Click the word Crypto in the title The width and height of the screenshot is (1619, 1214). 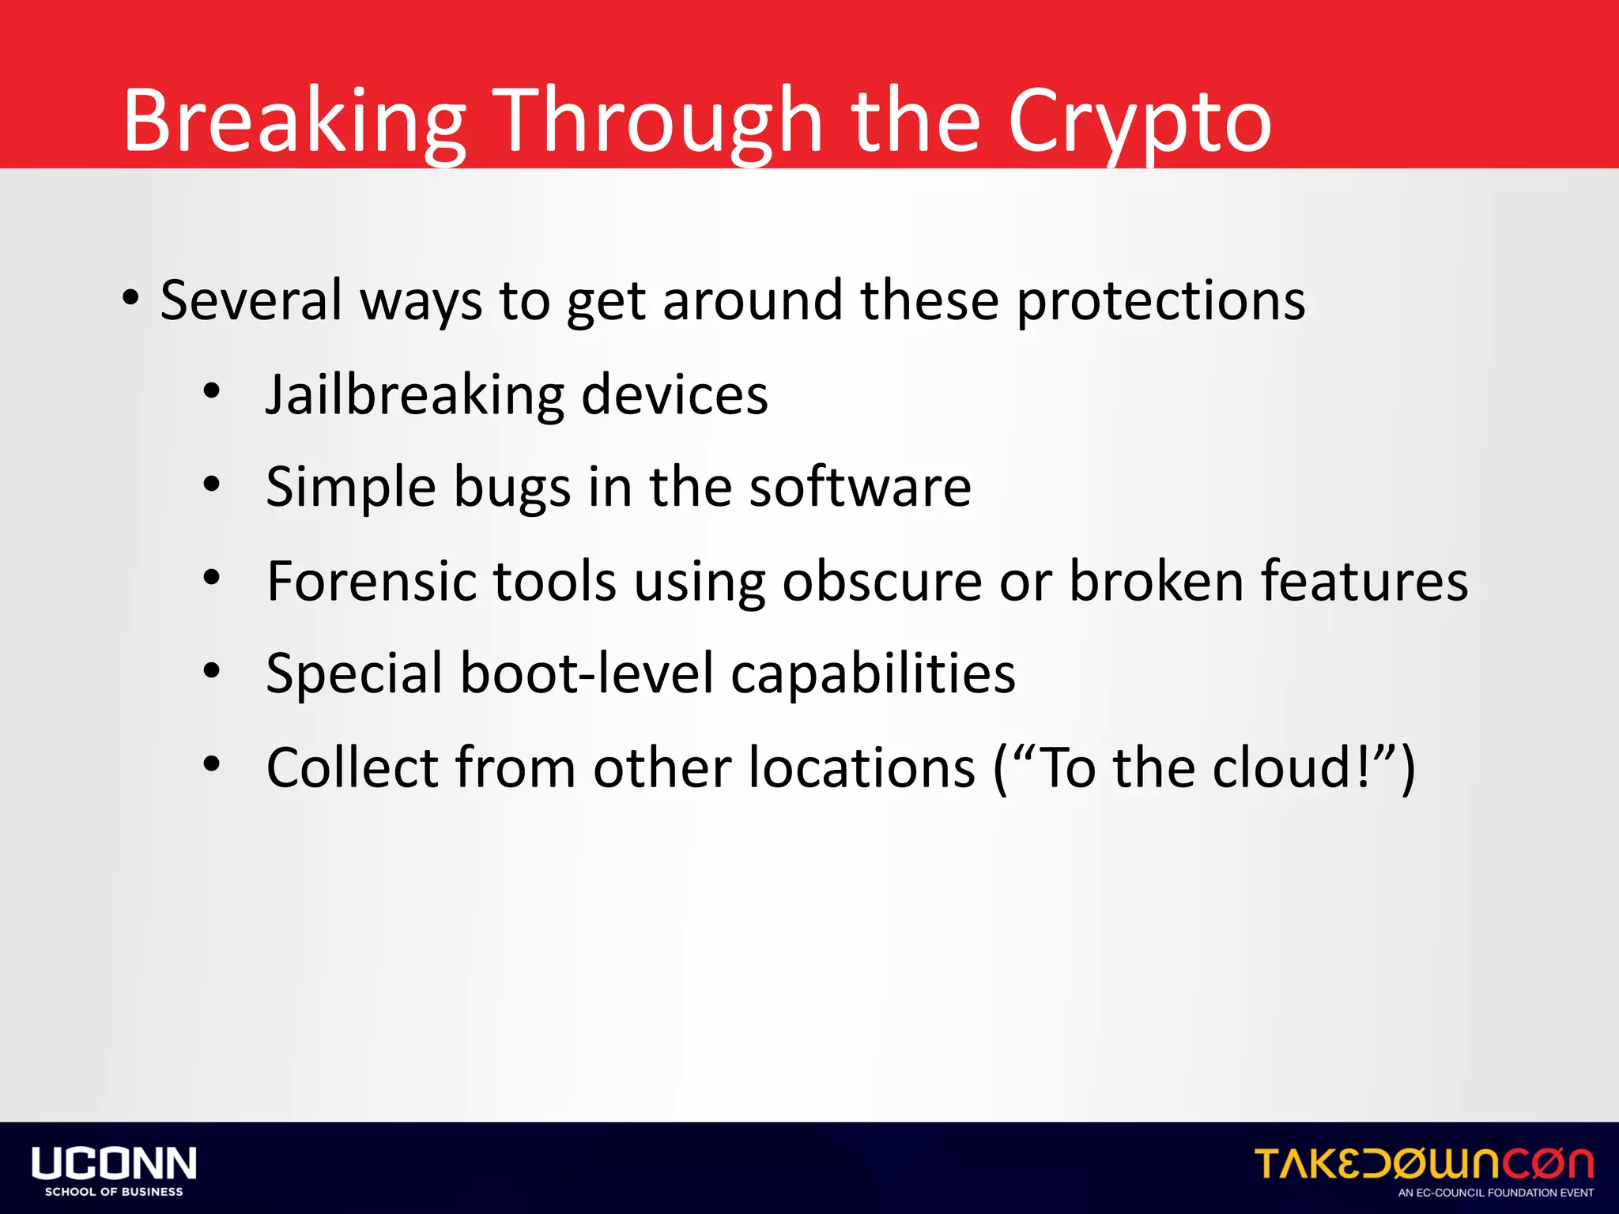1138,123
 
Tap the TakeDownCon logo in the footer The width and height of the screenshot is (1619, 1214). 1423,1163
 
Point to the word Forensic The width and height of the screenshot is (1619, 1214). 372,581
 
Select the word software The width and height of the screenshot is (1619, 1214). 860,487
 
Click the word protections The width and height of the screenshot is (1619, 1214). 1160,301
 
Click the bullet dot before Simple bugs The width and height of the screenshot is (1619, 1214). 211,484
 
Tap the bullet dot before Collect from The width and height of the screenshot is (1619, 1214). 211,764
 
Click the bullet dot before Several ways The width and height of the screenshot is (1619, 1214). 130,299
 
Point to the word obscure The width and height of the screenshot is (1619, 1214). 882,581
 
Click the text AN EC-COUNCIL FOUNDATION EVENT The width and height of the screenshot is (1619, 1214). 1496,1193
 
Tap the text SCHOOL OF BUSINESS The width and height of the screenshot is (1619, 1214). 114,1192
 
